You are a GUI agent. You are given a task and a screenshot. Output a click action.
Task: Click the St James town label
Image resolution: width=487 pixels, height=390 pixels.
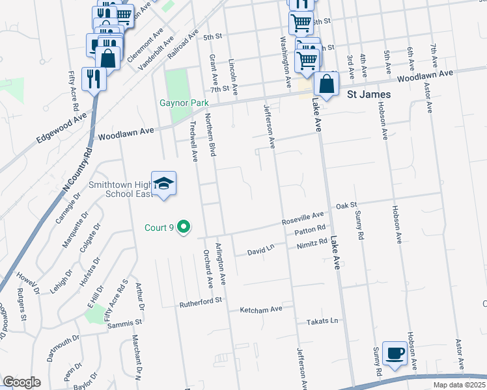click(x=369, y=95)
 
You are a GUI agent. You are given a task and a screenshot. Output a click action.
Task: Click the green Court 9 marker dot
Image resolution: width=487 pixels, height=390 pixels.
click(x=184, y=227)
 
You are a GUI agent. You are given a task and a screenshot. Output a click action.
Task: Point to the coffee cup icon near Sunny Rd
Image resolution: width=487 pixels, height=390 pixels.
click(x=395, y=353)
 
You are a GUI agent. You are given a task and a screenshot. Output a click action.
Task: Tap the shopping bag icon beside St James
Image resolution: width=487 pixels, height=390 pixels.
click(x=327, y=84)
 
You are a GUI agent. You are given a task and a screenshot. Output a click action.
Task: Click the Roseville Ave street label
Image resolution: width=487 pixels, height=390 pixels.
click(x=303, y=218)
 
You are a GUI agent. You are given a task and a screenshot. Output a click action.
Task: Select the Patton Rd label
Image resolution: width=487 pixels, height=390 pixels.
click(x=310, y=231)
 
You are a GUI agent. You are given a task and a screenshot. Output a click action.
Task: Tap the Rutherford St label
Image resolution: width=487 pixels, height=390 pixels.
click(x=201, y=302)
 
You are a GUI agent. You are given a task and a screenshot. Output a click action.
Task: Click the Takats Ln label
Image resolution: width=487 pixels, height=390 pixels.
click(x=324, y=322)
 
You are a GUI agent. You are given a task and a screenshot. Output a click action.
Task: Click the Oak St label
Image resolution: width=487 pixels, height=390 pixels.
click(x=347, y=206)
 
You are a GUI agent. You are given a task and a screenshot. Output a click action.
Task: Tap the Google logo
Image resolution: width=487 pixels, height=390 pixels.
click(x=21, y=382)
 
